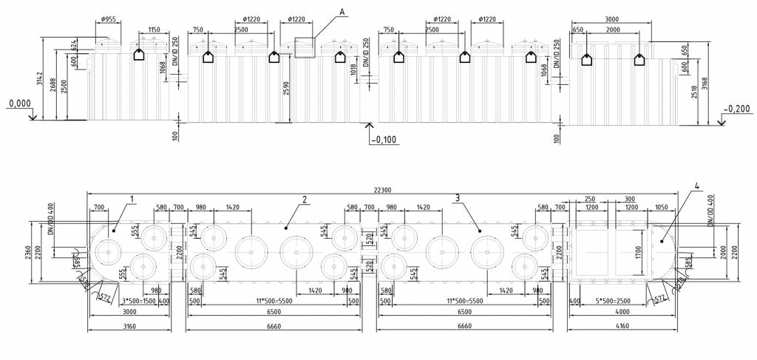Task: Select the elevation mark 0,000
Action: point(19,104)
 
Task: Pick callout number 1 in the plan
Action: point(131,199)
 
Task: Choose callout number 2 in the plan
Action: point(303,199)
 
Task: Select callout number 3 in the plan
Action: point(458,197)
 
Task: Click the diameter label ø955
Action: point(108,18)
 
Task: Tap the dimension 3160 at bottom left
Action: point(129,327)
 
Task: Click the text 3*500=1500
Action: point(136,302)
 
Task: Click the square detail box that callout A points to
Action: point(305,47)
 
